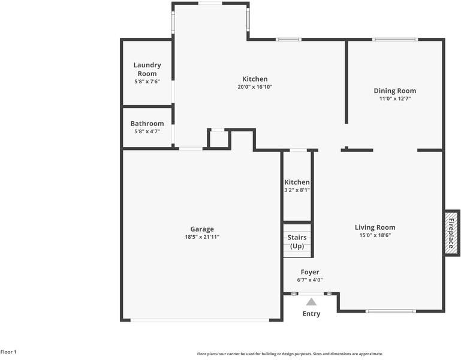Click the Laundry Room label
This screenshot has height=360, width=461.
[x=147, y=69]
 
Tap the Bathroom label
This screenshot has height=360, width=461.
[x=147, y=124]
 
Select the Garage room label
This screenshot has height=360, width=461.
[x=202, y=229]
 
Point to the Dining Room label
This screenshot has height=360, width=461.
[x=394, y=91]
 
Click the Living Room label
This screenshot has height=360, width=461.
[x=375, y=227]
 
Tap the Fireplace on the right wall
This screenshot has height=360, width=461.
[x=451, y=233]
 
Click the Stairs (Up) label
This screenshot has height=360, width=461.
[x=297, y=242]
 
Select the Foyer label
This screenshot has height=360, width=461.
[x=310, y=272]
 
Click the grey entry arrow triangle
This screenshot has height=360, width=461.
[x=311, y=302]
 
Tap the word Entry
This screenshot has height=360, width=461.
[x=311, y=314]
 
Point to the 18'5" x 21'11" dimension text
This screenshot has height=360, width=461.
[x=202, y=237]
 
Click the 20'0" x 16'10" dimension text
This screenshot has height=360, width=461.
[x=255, y=87]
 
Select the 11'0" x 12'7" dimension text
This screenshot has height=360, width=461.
[x=394, y=99]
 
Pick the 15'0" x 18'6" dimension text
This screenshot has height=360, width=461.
[x=375, y=235]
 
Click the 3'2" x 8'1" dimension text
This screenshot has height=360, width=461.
[x=297, y=190]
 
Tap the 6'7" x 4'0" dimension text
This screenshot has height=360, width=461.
[x=310, y=280]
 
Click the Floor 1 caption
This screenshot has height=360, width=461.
[x=8, y=352]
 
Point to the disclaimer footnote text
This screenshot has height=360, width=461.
[x=290, y=354]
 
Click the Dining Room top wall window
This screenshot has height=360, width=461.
[x=394, y=40]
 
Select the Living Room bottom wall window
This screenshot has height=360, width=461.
[x=390, y=311]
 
